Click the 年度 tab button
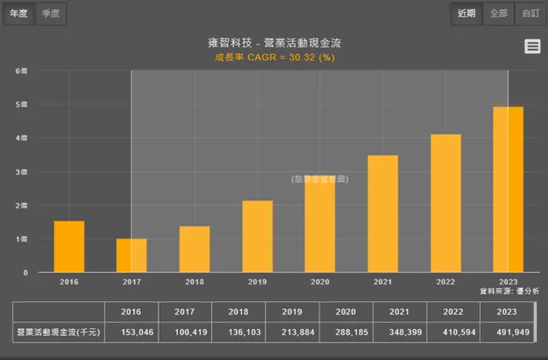pyautogui.click(x=19, y=13)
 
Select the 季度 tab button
pyautogui.click(x=50, y=13)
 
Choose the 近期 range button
pyautogui.click(x=467, y=13)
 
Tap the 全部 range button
pyautogui.click(x=498, y=13)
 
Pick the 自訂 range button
pyautogui.click(x=530, y=13)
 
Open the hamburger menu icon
pyautogui.click(x=532, y=46)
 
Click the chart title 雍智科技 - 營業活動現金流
pyautogui.click(x=275, y=44)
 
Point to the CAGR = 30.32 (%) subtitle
pyautogui.click(x=275, y=58)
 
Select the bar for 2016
pyautogui.click(x=69, y=247)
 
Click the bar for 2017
pyautogui.click(x=131, y=256)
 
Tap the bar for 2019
pyautogui.click(x=257, y=236)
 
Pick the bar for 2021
pyautogui.click(x=382, y=214)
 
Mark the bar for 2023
pyautogui.click(x=508, y=190)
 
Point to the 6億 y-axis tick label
pyautogui.click(x=23, y=71)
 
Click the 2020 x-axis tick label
pyautogui.click(x=320, y=281)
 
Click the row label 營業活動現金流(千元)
pyautogui.click(x=58, y=333)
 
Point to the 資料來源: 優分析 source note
pyautogui.click(x=509, y=291)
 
